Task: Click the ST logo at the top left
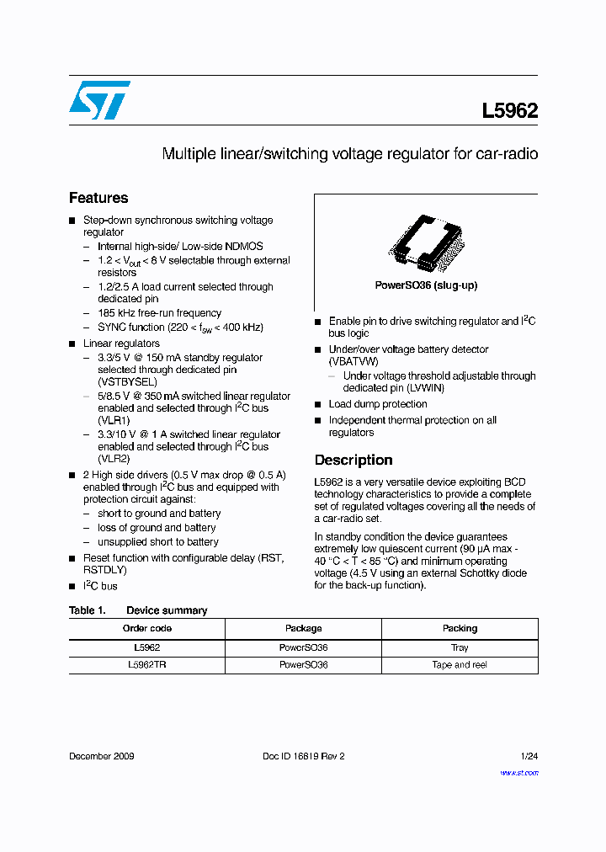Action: (99, 100)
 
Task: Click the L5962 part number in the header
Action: (509, 111)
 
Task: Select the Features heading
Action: (98, 198)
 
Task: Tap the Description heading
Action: (353, 460)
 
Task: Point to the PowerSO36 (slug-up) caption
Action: (426, 285)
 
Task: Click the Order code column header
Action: (147, 628)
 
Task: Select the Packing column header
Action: (460, 628)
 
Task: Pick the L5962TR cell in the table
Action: (147, 665)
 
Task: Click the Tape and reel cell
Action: (460, 665)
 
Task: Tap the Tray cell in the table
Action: (460, 647)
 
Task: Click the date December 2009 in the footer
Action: (101, 756)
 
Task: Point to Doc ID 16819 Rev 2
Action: (304, 756)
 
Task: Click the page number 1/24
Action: (529, 756)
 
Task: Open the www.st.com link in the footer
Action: (518, 772)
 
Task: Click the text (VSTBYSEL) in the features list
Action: (127, 381)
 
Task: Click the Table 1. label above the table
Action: (87, 610)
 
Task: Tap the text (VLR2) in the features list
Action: (114, 459)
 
